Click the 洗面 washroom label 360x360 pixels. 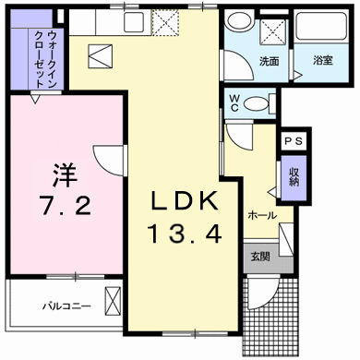270,61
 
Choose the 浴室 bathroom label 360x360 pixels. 323,61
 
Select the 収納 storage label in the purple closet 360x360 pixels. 293,174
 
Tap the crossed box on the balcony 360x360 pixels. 114,301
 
